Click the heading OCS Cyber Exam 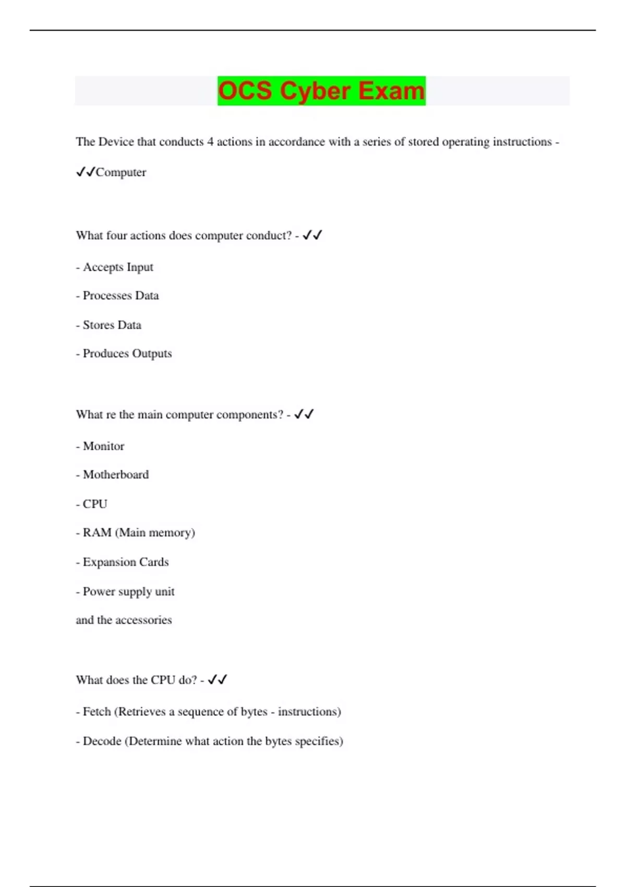click(321, 91)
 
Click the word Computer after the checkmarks click(121, 172)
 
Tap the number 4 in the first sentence click(210, 142)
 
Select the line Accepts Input click(118, 267)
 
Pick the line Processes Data click(121, 296)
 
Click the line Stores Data click(112, 325)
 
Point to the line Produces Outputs click(127, 354)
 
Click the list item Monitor click(103, 446)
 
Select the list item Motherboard click(115, 475)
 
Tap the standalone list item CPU click(94, 504)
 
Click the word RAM click(97, 533)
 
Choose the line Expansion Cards click(125, 562)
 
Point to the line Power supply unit click(128, 592)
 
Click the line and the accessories click(124, 620)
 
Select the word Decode click(102, 741)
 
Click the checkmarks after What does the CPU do click(217, 680)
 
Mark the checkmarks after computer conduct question click(312, 235)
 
